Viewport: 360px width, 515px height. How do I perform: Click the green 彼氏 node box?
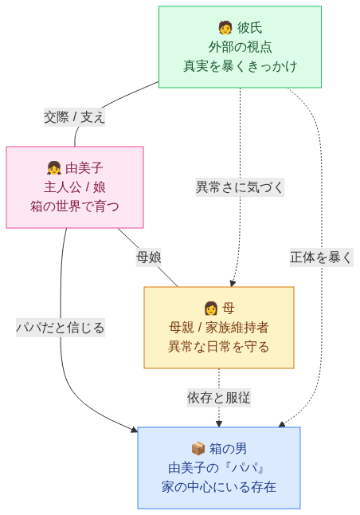point(240,47)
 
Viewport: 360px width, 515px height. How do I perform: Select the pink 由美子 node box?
point(75,187)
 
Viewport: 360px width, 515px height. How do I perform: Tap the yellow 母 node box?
point(219,328)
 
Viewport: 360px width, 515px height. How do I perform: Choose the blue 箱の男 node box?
point(219,468)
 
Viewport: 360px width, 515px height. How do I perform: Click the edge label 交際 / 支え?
point(75,116)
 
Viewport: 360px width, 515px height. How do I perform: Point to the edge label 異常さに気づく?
point(240,187)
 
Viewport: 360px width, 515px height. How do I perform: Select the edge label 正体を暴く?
point(321,257)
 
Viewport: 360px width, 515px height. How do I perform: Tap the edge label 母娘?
point(149,257)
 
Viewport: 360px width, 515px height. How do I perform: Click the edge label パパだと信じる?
point(61,327)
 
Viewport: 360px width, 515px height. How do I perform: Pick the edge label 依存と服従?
point(219,397)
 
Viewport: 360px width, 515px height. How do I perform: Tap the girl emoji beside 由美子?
point(54,168)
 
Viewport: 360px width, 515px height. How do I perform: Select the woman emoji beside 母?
point(211,309)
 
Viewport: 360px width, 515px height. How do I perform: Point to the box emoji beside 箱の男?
point(198,449)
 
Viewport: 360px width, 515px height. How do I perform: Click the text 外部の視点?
point(240,47)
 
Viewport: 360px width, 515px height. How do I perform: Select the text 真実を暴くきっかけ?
point(240,66)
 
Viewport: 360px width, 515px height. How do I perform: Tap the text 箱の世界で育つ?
point(75,206)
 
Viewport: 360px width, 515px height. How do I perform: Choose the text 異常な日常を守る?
point(219,347)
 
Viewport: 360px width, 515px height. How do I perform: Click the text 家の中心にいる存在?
point(219,486)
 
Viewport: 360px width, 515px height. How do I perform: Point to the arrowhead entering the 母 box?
point(233,283)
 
